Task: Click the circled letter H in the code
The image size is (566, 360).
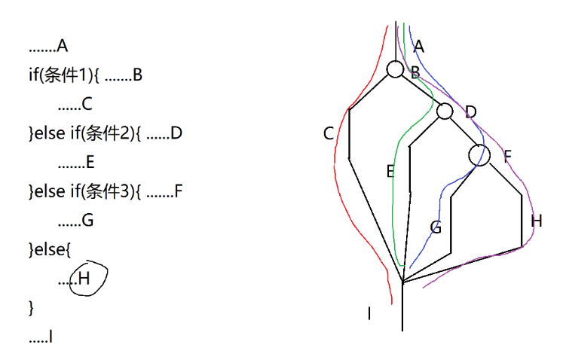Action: pos(84,279)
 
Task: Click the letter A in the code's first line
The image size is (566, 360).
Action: pos(62,46)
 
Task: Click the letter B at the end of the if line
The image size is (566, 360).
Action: pos(137,75)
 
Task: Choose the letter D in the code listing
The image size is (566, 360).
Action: pos(177,134)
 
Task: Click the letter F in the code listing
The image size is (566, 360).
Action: pos(178,192)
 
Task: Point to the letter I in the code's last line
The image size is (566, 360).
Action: pos(50,337)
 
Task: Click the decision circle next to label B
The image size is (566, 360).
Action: pos(396,70)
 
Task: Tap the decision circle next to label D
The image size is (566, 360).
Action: pos(445,111)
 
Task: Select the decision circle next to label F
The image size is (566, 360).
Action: pos(479,155)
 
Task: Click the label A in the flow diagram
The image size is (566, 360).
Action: pos(419,47)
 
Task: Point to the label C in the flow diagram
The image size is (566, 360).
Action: pos(328,134)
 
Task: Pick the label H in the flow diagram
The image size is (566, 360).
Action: pos(536,221)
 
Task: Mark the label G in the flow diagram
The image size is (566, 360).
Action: pos(436,227)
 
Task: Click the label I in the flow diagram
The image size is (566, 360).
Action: pos(369,313)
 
